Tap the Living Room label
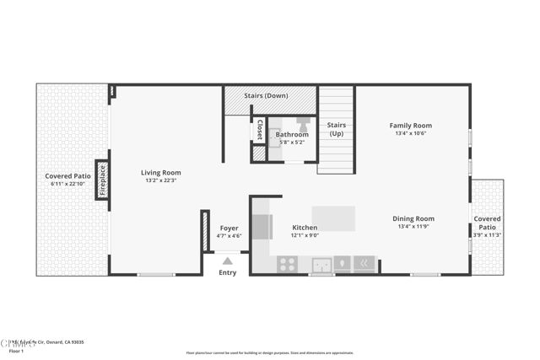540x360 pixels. (x=160, y=173)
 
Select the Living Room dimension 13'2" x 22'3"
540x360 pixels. (x=160, y=180)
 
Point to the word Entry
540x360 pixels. (x=228, y=272)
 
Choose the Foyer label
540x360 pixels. (x=229, y=228)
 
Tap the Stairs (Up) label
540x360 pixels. (x=337, y=129)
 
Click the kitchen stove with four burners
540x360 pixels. (x=287, y=264)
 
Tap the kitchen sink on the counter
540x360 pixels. (x=321, y=265)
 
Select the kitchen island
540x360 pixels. (x=333, y=218)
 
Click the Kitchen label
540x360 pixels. (x=305, y=228)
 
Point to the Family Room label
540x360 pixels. (x=411, y=126)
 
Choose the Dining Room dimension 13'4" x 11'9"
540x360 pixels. (x=413, y=227)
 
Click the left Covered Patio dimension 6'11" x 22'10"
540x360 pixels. (x=67, y=184)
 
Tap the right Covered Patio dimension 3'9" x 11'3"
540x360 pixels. (x=487, y=235)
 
